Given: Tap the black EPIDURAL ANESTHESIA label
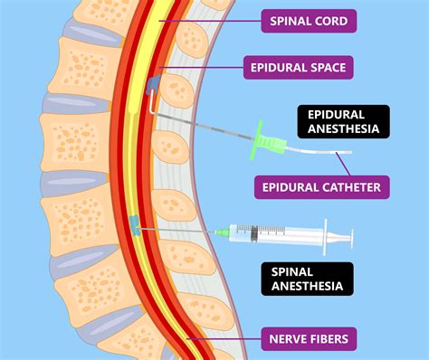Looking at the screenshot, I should tap(344, 122).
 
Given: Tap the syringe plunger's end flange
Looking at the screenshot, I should tap(348, 239).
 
